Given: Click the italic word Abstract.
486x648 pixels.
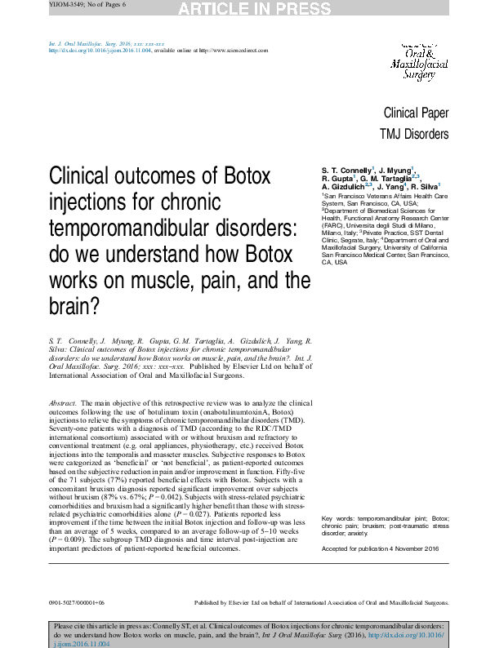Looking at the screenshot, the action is pyautogui.click(x=63, y=404).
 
